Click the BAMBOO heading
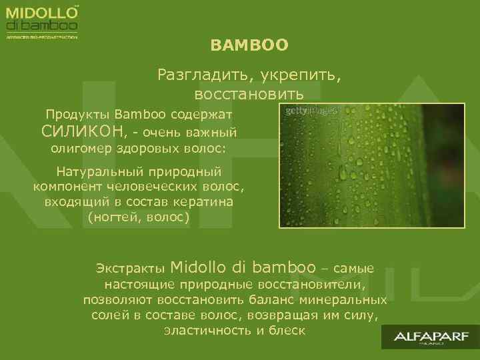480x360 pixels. click(x=249, y=45)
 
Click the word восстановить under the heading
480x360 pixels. click(x=249, y=91)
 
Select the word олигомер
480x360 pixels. click(x=79, y=148)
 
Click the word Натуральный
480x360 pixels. click(x=96, y=170)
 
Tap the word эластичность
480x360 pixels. click(x=205, y=330)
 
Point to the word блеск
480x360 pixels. click(x=287, y=330)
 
